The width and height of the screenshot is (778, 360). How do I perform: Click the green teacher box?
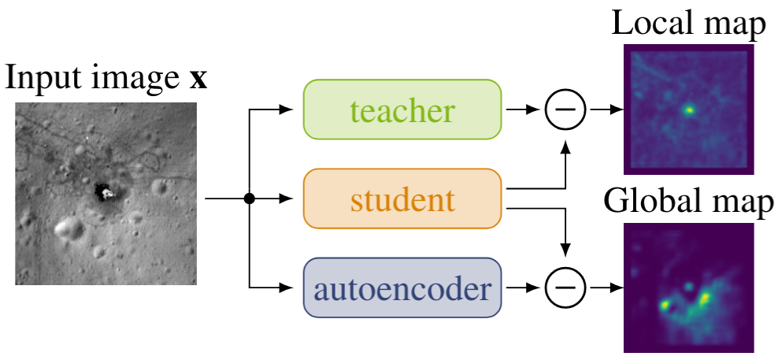pyautogui.click(x=402, y=109)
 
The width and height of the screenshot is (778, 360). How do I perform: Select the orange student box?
pyautogui.click(x=402, y=199)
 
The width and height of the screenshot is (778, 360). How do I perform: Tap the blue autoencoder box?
pyautogui.click(x=402, y=288)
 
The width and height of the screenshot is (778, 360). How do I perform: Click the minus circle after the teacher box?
pyautogui.click(x=565, y=110)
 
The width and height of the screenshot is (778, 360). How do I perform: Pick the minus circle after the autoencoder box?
pyautogui.click(x=565, y=288)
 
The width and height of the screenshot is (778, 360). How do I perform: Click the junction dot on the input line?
pyautogui.click(x=249, y=199)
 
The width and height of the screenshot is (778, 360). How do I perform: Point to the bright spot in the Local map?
pyautogui.click(x=689, y=110)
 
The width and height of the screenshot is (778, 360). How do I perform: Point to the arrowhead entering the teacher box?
pyautogui.click(x=288, y=110)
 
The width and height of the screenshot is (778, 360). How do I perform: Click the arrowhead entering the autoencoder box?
pyautogui.click(x=288, y=288)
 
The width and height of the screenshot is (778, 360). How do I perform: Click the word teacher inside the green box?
pyautogui.click(x=402, y=111)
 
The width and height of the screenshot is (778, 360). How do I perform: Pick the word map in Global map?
pyautogui.click(x=743, y=204)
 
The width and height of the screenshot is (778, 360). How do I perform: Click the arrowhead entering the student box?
pyautogui.click(x=288, y=199)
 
